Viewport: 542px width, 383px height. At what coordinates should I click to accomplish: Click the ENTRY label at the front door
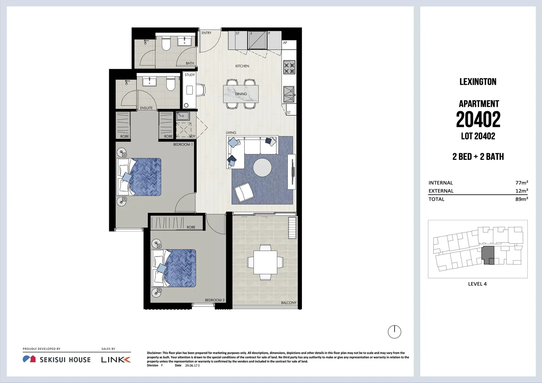click(206, 33)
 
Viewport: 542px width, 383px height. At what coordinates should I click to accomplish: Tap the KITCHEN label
click(242, 66)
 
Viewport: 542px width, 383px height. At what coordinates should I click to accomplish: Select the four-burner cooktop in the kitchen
click(289, 67)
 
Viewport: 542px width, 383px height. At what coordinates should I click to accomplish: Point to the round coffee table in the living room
click(262, 167)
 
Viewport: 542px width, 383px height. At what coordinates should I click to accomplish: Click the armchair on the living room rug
click(243, 192)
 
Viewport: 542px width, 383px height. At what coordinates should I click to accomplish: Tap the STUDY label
click(190, 75)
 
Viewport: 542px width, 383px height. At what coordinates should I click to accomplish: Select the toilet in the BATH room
click(166, 43)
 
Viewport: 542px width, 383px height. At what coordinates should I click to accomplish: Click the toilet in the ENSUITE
click(171, 84)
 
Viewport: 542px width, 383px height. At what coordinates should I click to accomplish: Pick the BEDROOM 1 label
click(183, 144)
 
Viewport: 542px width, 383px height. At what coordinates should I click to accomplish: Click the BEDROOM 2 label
click(215, 300)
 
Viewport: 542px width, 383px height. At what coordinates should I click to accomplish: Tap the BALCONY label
click(288, 303)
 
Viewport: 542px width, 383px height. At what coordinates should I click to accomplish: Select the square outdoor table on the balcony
click(265, 262)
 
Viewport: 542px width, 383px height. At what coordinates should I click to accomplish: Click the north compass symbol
click(394, 332)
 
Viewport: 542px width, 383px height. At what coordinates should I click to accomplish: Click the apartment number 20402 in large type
click(478, 120)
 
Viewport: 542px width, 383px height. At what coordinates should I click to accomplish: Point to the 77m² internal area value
click(521, 183)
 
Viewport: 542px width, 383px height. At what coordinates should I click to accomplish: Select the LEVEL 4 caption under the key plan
click(477, 284)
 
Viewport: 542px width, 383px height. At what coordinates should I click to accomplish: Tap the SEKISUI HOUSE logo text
click(65, 360)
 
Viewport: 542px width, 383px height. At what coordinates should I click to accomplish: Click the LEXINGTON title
click(478, 82)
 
